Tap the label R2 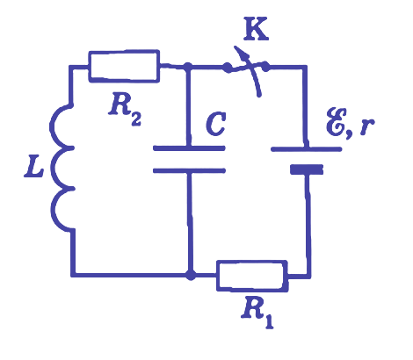coord(125,111)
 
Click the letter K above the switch coord(256,29)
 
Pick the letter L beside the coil coord(33,169)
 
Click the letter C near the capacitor coord(216,124)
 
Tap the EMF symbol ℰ coord(337,122)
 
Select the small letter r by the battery coord(366,126)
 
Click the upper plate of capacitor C coord(189,148)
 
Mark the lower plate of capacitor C coord(189,170)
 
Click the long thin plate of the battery coord(307,149)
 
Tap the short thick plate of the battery coord(307,169)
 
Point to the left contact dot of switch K coord(227,68)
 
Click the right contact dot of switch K coord(265,66)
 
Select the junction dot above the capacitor coord(187,67)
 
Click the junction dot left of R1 coord(191,275)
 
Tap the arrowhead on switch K coord(242,53)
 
